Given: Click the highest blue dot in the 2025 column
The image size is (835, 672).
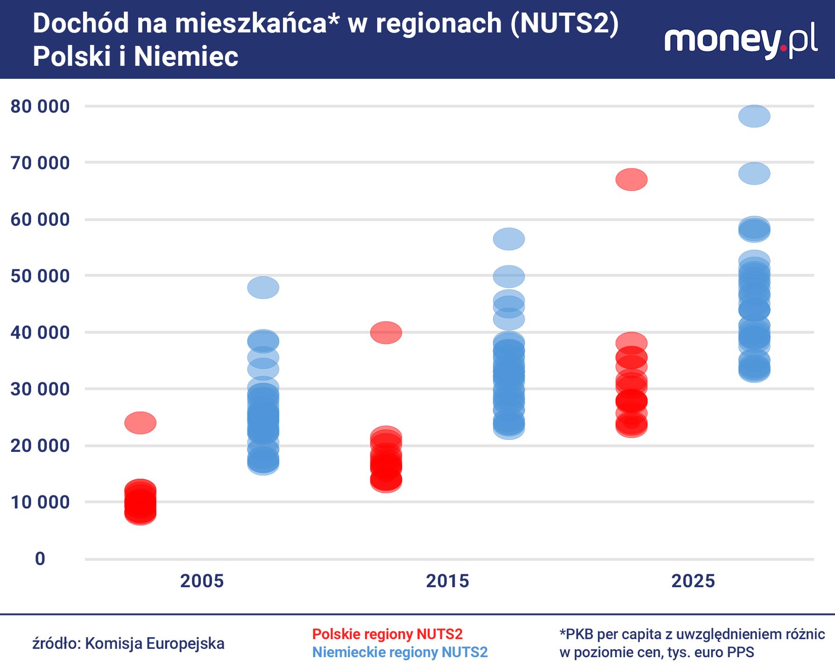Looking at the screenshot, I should (754, 116).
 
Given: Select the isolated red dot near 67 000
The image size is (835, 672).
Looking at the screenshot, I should (631, 180).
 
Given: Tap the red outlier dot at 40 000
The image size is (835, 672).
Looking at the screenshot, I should (386, 333).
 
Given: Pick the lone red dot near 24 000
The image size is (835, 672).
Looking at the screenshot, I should (140, 423).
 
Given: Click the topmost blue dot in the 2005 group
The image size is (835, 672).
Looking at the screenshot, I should (263, 287).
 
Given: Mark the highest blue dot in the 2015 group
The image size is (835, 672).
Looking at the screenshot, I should (509, 239).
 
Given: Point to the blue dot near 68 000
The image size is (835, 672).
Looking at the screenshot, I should (754, 174).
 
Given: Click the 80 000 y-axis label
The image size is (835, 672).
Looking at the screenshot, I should (40, 106).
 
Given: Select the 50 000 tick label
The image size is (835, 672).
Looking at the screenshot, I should (40, 276).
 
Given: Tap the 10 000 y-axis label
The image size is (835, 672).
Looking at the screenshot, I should (40, 502).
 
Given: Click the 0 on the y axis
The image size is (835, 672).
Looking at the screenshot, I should (40, 559).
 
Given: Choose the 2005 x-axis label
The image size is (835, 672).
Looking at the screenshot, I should (202, 581).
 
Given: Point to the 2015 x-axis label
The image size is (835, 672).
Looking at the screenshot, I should (447, 581).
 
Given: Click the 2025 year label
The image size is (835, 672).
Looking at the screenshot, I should (693, 581).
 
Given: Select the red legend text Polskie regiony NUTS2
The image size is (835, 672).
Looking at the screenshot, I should (387, 634).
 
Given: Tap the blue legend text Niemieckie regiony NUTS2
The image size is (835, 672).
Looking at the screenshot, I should (400, 652).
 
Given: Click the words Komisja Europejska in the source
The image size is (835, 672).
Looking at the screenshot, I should (155, 644).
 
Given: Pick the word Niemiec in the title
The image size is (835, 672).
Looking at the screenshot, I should (186, 56).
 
